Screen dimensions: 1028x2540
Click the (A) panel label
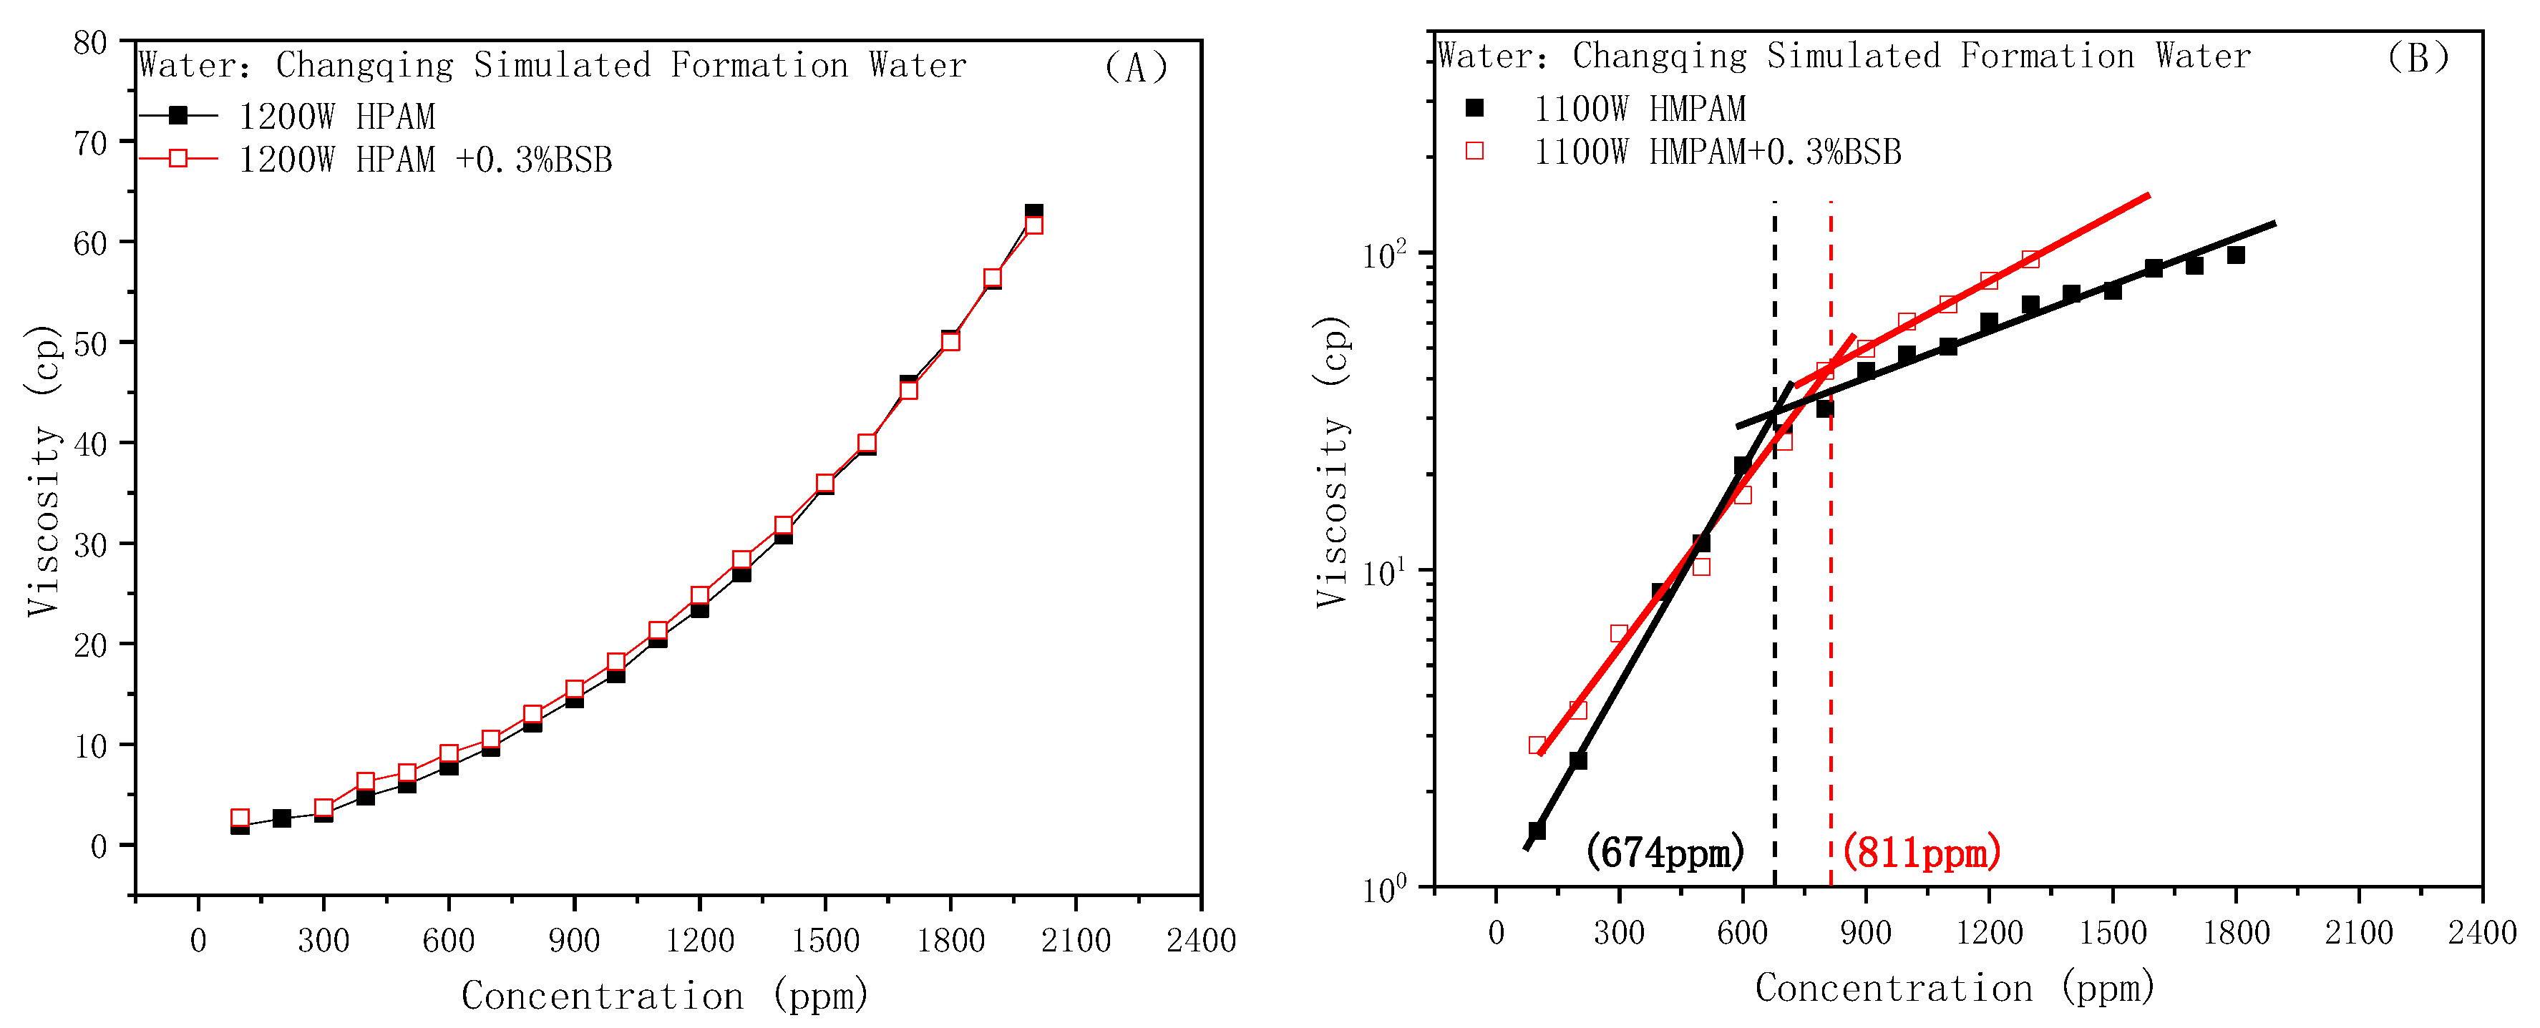click(x=1135, y=68)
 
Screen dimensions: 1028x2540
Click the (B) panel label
click(x=2417, y=58)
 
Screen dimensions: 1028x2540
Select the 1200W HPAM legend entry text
click(x=336, y=117)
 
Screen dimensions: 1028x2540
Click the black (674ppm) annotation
click(x=1665, y=851)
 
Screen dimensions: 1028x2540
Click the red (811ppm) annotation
click(x=1921, y=851)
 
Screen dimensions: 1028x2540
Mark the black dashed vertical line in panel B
click(x=1774, y=641)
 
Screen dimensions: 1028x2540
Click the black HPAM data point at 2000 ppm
click(x=1033, y=211)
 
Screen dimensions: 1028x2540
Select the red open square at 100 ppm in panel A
click(x=240, y=818)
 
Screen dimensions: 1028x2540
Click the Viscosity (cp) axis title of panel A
click(x=44, y=471)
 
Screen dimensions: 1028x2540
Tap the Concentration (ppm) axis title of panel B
click(x=1955, y=988)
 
